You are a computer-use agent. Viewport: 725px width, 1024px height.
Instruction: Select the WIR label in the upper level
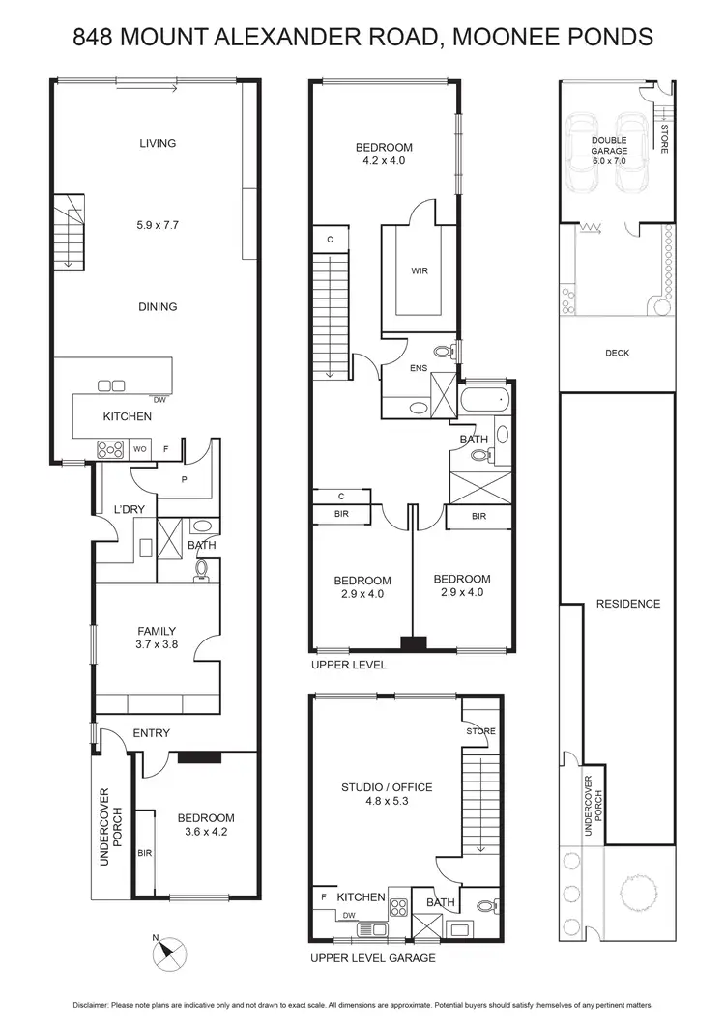point(419,271)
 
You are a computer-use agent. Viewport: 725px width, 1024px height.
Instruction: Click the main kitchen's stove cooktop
point(109,448)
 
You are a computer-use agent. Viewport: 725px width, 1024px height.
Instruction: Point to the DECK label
point(617,354)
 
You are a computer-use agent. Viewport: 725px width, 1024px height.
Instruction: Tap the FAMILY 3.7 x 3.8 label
point(157,639)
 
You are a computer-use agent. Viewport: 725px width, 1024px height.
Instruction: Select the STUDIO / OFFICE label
point(387,787)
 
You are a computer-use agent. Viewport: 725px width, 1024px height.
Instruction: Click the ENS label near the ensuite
point(420,367)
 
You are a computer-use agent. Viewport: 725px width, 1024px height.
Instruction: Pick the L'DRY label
point(129,509)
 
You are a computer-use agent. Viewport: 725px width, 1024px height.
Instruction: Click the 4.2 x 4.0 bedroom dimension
point(384,161)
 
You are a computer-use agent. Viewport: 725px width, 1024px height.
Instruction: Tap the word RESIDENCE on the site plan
point(627,604)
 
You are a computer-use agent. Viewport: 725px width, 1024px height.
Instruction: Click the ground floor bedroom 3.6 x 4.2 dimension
point(205,830)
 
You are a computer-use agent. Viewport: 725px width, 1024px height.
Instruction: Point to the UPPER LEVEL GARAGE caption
point(372,958)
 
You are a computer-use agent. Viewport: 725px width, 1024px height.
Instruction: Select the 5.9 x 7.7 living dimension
point(158,223)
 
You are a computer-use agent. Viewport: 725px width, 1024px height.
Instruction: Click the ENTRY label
point(152,733)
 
